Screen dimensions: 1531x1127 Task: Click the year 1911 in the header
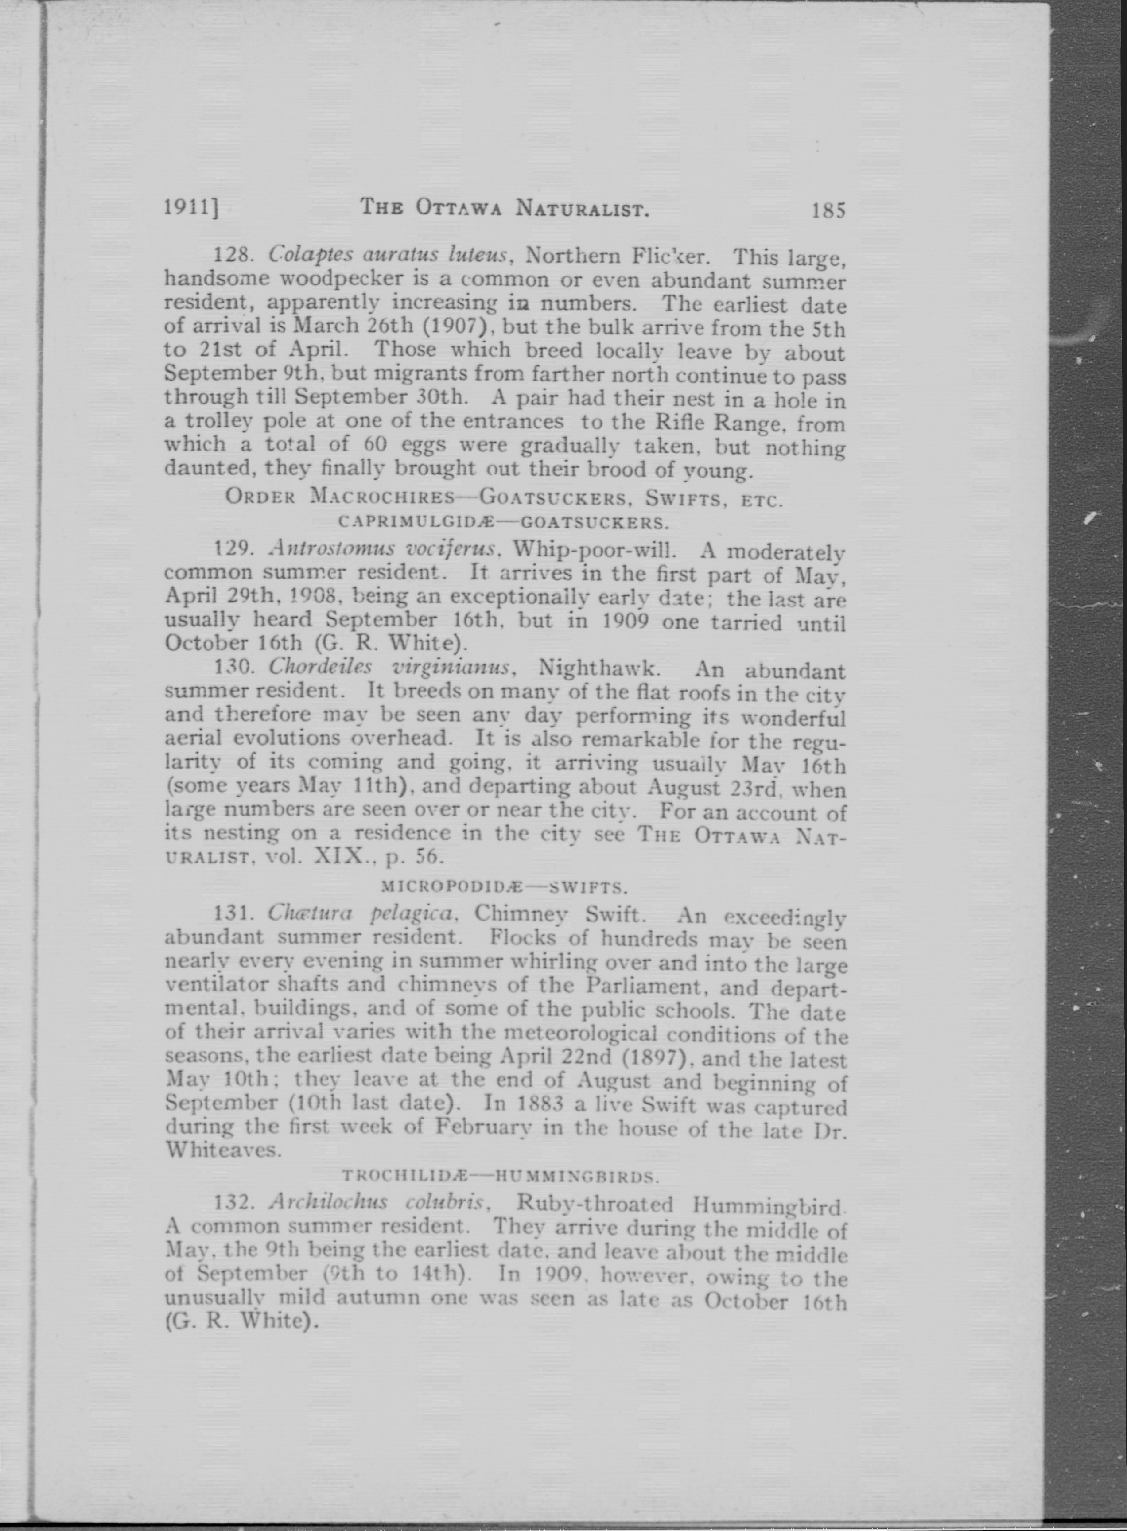pos(189,207)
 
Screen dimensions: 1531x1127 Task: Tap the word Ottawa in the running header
pos(459,208)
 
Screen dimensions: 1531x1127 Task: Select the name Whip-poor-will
pos(584,549)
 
